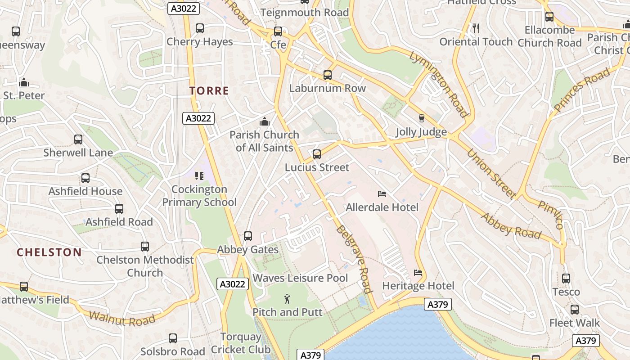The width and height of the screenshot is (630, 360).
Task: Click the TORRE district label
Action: (209, 91)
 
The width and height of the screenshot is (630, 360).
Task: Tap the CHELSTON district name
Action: (49, 252)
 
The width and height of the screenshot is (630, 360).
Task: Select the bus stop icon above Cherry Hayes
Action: (200, 28)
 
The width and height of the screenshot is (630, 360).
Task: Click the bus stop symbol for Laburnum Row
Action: (328, 75)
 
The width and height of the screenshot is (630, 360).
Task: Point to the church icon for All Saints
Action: (265, 121)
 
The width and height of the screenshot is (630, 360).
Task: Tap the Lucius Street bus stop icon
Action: (317, 154)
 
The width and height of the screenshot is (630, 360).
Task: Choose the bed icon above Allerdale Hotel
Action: (382, 194)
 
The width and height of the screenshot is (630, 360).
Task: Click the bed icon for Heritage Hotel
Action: (418, 273)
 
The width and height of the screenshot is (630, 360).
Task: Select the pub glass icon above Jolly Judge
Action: (422, 118)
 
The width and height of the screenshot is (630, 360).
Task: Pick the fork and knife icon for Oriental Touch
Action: (476, 28)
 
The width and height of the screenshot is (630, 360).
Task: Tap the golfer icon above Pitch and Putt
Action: (287, 298)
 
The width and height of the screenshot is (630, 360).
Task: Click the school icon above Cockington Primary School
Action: (199, 176)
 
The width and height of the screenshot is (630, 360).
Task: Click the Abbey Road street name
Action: (511, 226)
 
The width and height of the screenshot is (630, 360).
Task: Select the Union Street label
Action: (491, 173)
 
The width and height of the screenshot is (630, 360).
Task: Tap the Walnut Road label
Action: (122, 318)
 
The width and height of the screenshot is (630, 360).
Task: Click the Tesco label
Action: (566, 292)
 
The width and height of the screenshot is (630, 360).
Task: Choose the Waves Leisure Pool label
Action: (300, 278)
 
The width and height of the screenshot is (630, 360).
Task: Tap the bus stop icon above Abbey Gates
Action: (247, 236)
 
